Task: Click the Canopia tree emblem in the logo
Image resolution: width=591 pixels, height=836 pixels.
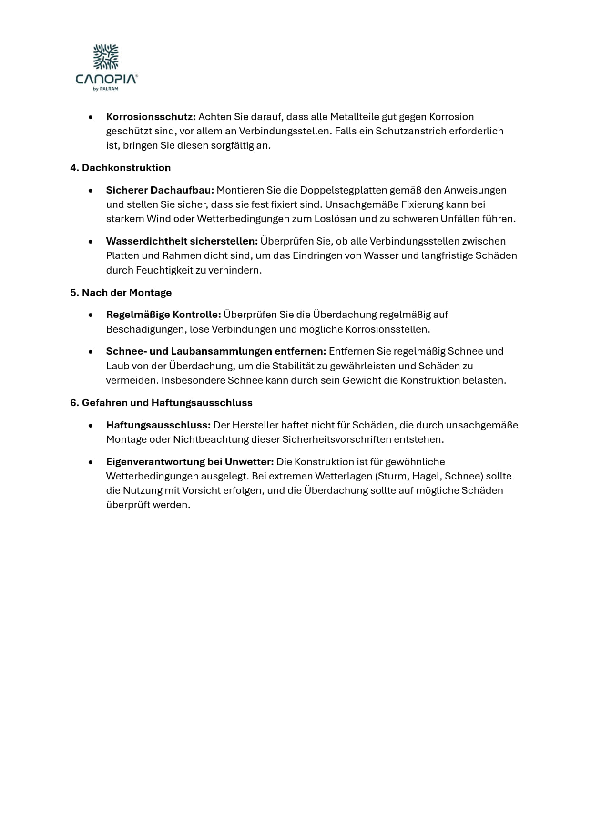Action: [106, 57]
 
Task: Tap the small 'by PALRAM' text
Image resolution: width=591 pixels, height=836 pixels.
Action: [106, 89]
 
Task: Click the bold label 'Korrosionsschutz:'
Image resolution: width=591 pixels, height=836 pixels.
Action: [151, 117]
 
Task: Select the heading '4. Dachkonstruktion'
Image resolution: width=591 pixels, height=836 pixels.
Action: [120, 168]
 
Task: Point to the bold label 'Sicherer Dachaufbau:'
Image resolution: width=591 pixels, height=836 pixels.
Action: [160, 190]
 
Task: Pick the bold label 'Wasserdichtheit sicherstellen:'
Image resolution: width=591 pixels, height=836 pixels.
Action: [182, 241]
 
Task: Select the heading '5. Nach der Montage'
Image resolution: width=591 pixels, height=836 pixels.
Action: [121, 293]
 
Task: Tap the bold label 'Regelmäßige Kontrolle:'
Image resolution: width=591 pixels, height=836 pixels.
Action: [163, 315]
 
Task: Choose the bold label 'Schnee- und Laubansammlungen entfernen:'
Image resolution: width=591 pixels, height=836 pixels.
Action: [216, 351]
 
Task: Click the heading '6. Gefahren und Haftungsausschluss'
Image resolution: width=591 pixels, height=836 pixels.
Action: [161, 403]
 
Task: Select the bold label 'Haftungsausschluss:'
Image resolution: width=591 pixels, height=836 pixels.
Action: [158, 425]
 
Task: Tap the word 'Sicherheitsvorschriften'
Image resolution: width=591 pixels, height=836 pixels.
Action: [336, 439]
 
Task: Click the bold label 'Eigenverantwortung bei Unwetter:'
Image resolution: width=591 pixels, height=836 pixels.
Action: [190, 462]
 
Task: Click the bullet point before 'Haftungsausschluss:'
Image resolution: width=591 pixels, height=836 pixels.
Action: [91, 425]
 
